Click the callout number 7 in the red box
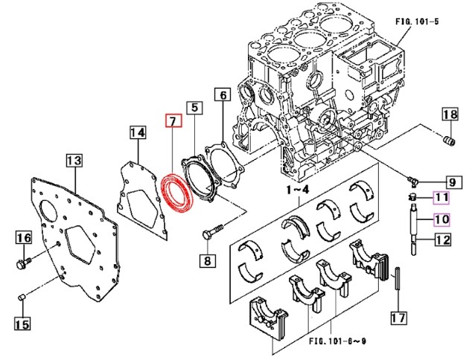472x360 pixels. click(171, 120)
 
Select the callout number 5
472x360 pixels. click(193, 109)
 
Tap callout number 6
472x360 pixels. click(222, 94)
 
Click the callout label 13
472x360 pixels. click(74, 159)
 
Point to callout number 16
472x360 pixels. click(23, 238)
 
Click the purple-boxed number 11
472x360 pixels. click(441, 197)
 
